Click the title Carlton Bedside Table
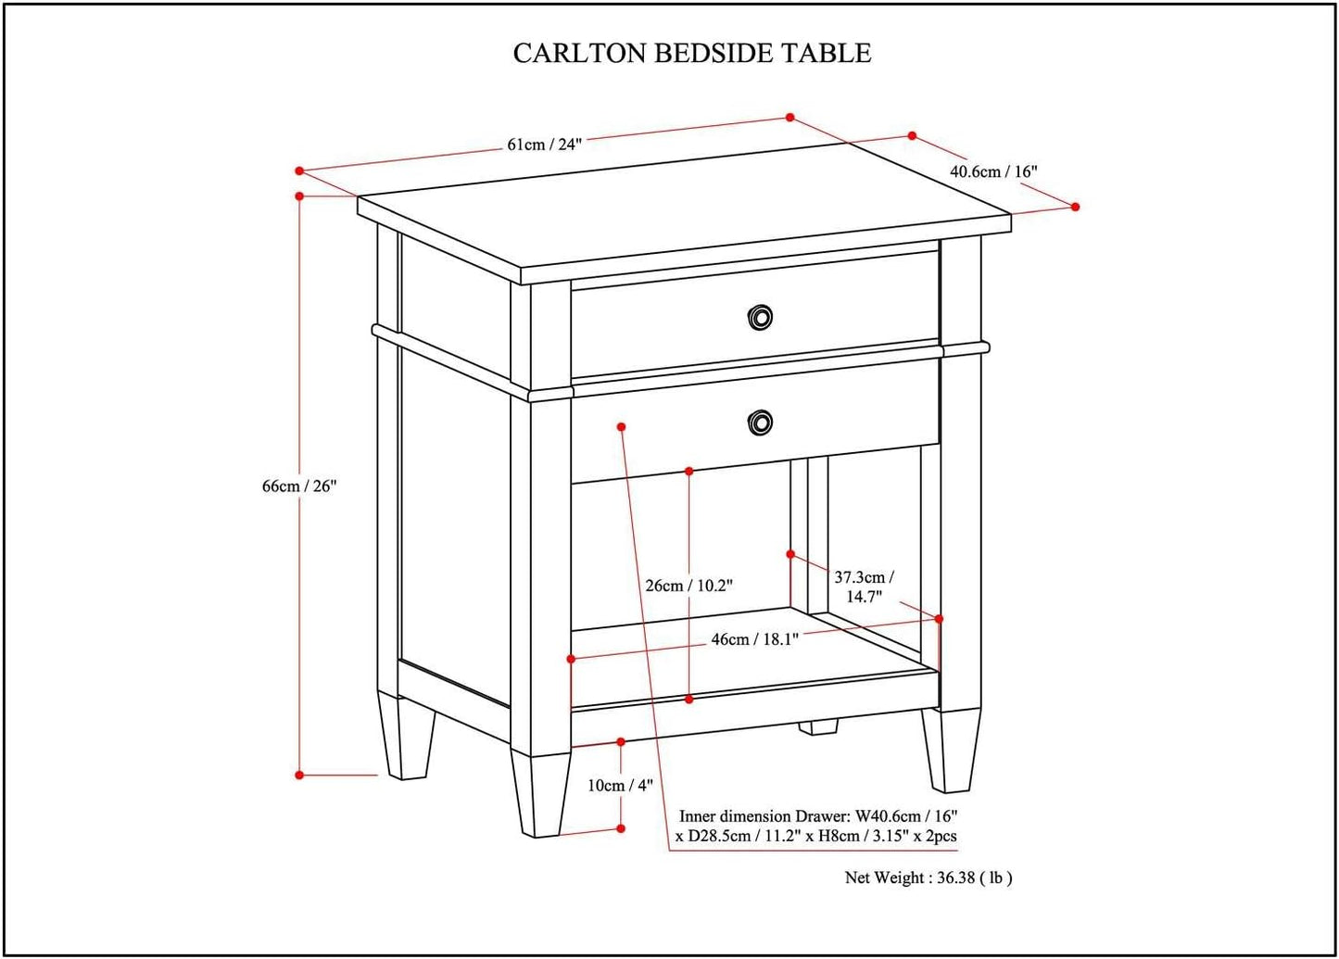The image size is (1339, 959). coord(691,53)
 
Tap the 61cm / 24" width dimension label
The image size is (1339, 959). coord(544,145)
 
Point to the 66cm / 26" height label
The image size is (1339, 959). coord(298,486)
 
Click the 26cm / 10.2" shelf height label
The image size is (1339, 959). coord(688,586)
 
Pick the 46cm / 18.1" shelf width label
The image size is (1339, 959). coord(754,639)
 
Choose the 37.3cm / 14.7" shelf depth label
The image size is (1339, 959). coord(864,587)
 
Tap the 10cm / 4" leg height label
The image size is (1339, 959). coord(620,786)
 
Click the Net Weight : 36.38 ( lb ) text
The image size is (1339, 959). coord(928,877)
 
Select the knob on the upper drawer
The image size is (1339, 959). coord(760,318)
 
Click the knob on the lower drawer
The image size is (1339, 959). coord(760,423)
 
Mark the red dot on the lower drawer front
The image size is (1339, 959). coord(622,426)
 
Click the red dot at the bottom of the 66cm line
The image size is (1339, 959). coord(299,775)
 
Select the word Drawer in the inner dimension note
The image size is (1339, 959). coord(821,816)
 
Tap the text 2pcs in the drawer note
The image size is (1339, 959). coord(939,836)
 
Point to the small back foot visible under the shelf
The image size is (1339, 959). coord(817,727)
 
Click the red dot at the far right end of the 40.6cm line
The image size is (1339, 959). coord(1075,207)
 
